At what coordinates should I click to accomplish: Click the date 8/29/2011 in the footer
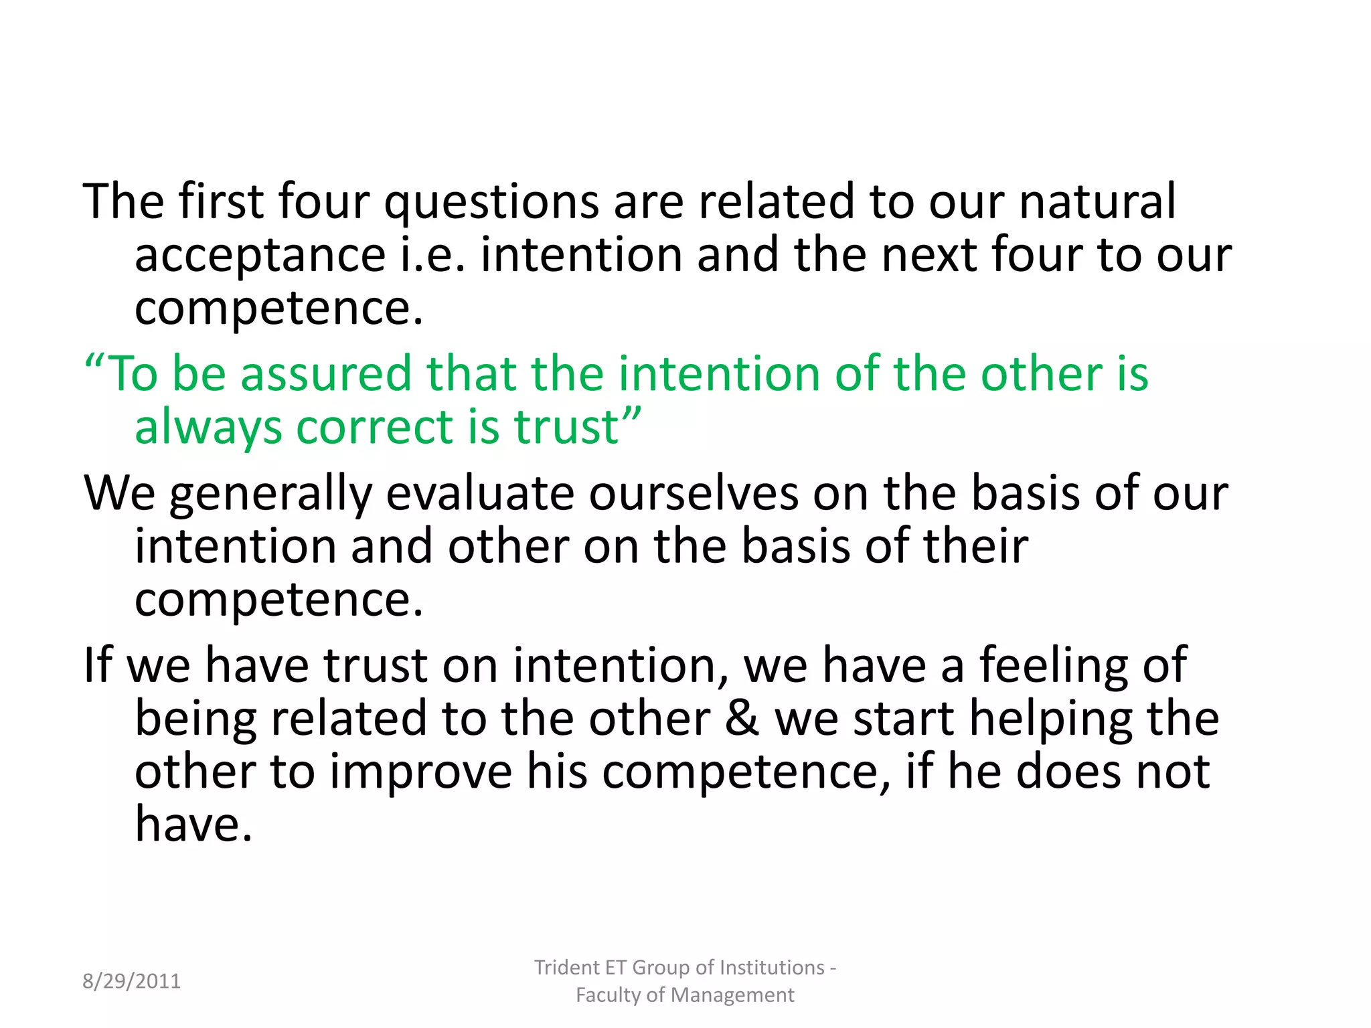131,981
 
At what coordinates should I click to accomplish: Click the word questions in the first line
491,202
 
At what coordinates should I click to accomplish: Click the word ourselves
694,493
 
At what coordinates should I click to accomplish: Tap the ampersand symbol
742,718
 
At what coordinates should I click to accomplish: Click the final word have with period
193,824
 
